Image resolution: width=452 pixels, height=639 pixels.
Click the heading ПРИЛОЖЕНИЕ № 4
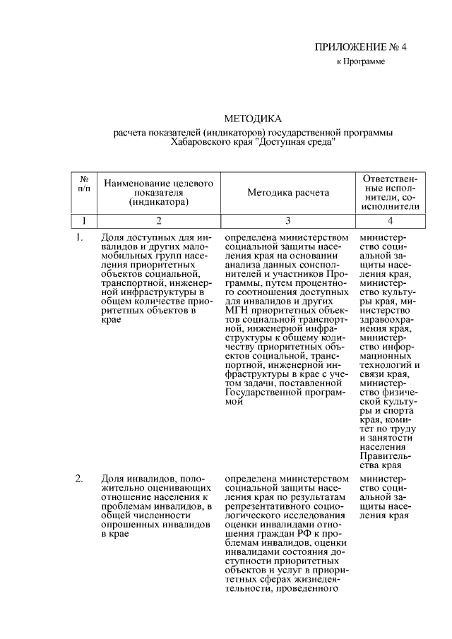[x=362, y=48]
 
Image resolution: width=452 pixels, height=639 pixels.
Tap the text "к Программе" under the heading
[x=360, y=62]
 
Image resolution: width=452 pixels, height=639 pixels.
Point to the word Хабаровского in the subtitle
[x=199, y=141]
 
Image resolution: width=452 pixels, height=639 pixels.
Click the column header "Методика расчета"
[x=287, y=192]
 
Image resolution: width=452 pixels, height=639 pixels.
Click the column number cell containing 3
[x=287, y=220]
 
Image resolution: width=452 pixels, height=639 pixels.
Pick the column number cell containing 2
[x=159, y=220]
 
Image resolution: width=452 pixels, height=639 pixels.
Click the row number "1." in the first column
[x=80, y=237]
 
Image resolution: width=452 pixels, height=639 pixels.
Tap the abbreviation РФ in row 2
[x=294, y=535]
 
